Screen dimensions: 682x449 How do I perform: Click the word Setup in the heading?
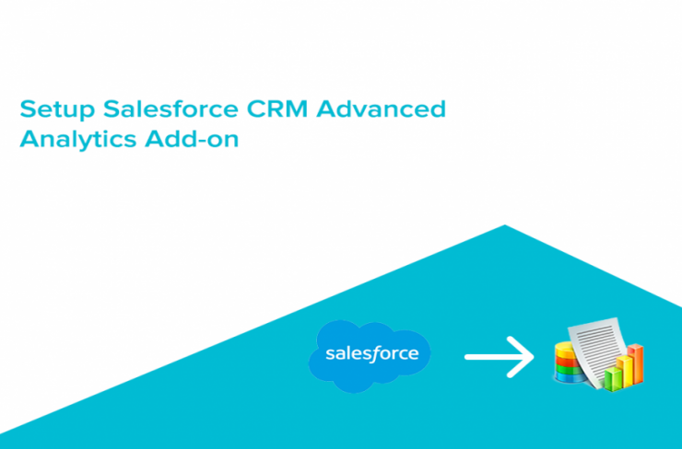pyautogui.click(x=57, y=109)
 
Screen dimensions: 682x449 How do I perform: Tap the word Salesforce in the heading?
pyautogui.click(x=170, y=109)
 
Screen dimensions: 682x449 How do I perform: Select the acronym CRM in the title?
pyautogui.click(x=277, y=109)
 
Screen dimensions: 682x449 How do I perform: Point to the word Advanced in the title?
pyautogui.click(x=381, y=109)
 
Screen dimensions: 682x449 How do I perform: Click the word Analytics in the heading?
pyautogui.click(x=78, y=140)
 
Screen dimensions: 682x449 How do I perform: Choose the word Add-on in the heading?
pyautogui.click(x=192, y=139)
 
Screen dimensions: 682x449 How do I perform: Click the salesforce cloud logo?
pyautogui.click(x=370, y=356)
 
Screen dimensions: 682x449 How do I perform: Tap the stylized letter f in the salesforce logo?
pyautogui.click(x=373, y=353)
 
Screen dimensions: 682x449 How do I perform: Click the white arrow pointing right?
pyautogui.click(x=500, y=357)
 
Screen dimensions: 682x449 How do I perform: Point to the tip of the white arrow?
pyautogui.click(x=534, y=357)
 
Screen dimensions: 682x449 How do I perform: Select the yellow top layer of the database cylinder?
pyautogui.click(x=565, y=349)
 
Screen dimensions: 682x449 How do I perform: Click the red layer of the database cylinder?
pyautogui.click(x=566, y=362)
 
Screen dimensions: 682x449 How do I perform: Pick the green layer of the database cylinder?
pyautogui.click(x=568, y=370)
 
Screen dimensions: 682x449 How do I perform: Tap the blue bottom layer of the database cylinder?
pyautogui.click(x=569, y=377)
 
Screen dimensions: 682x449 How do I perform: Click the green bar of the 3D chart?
pyautogui.click(x=613, y=378)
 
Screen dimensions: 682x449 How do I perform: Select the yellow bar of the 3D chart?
pyautogui.click(x=624, y=371)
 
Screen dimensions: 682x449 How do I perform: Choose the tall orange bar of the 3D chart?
pyautogui.click(x=636, y=363)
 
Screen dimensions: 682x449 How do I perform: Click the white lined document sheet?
pyautogui.click(x=598, y=350)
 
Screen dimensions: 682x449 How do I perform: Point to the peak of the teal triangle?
pyautogui.click(x=504, y=224)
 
